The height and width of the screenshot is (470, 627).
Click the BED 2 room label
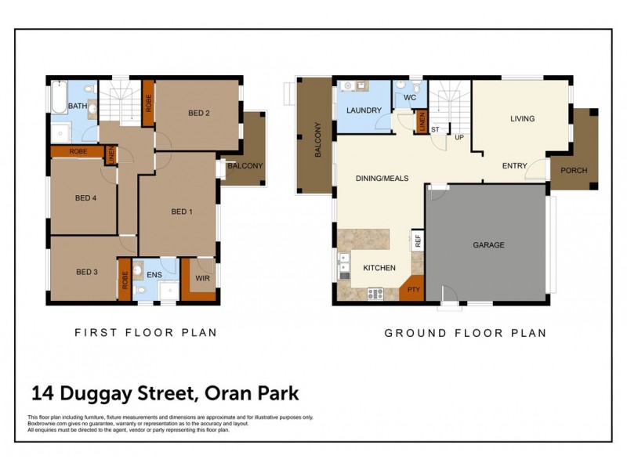[199, 113]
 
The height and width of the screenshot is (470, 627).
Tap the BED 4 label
[85, 198]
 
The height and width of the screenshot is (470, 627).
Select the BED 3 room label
[87, 272]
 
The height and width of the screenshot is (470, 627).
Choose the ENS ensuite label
[154, 275]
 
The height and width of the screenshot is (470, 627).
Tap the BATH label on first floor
[78, 106]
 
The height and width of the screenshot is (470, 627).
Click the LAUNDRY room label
[363, 110]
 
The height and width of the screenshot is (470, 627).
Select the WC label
[409, 99]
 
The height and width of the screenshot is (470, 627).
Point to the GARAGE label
[488, 245]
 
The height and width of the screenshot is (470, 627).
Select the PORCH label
[574, 170]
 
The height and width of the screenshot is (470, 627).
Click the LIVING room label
[522, 119]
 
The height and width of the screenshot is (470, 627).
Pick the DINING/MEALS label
[382, 179]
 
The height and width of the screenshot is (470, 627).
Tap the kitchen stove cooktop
[375, 295]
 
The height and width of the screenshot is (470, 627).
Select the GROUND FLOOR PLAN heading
[465, 333]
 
